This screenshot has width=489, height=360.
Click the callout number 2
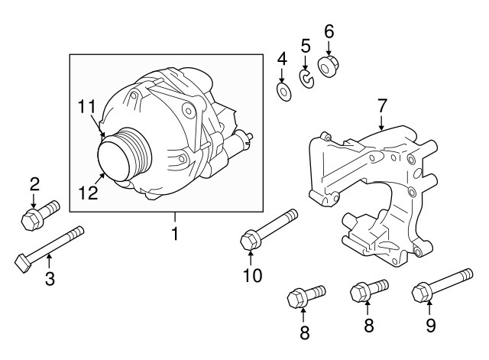point(34,183)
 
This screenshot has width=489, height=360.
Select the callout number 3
point(50,279)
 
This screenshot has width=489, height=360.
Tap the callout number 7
point(381,105)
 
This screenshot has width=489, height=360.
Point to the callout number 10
point(252,274)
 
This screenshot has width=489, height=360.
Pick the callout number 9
point(430,326)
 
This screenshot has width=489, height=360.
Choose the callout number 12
point(88,193)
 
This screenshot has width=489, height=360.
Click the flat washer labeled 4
point(283,93)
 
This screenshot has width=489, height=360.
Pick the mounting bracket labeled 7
point(374,191)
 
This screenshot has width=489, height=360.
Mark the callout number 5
point(305,47)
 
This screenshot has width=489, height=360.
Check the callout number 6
point(329,32)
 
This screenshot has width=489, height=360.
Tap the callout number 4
point(282,59)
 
